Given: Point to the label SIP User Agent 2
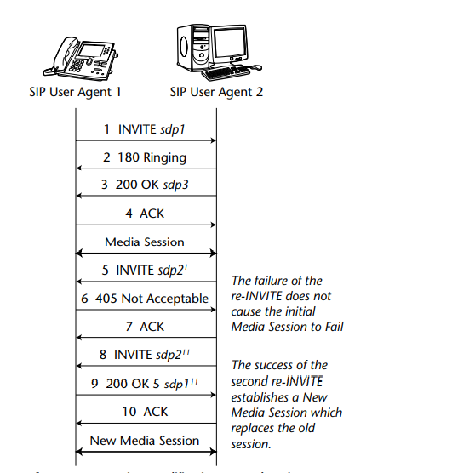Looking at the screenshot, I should (x=216, y=93).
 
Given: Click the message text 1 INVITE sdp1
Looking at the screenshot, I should (x=144, y=129).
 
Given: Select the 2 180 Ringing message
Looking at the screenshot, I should (x=145, y=157).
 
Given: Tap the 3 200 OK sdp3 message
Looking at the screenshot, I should (x=145, y=185).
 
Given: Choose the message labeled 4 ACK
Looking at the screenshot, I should (x=145, y=214).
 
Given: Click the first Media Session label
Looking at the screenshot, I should (x=144, y=242).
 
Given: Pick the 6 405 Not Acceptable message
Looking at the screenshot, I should (x=145, y=299).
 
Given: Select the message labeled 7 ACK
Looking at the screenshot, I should (x=145, y=327).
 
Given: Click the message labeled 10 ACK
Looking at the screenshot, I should (x=145, y=412).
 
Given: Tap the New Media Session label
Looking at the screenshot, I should (x=144, y=441).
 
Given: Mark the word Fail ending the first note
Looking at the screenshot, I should (x=332, y=327).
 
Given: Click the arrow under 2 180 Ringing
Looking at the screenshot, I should (x=145, y=169).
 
